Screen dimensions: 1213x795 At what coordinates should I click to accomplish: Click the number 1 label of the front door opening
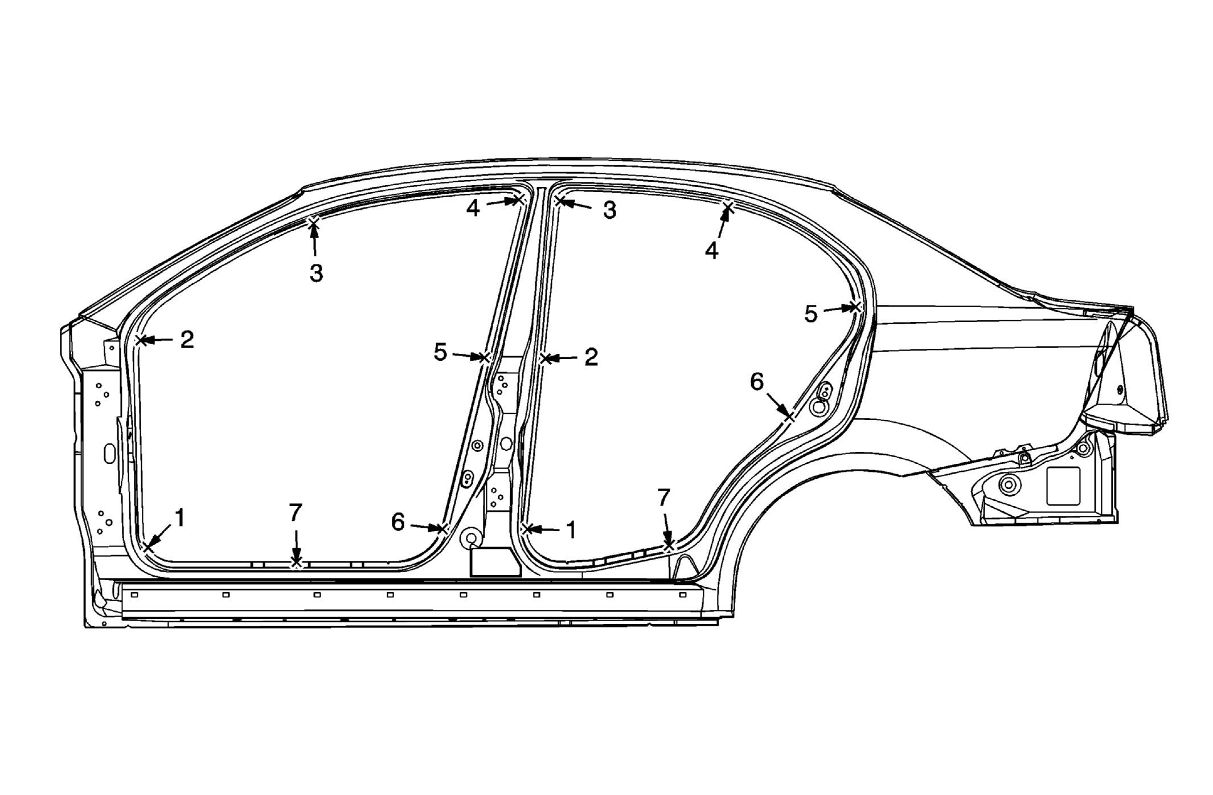coord(180,518)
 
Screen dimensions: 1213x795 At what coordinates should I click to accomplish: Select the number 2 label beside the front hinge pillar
coord(187,340)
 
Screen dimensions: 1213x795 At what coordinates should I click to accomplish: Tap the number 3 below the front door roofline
coord(317,273)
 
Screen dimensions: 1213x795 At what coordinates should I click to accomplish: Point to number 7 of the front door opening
coord(295,513)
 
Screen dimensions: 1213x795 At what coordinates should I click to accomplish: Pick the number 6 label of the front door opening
coord(398,522)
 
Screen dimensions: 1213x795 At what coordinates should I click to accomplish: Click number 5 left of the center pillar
coord(440,352)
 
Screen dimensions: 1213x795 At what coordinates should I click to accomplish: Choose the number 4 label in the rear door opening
coord(712,250)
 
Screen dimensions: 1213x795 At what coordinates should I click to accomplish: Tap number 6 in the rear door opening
coord(757,382)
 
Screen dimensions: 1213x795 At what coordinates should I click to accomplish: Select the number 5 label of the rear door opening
coord(811,314)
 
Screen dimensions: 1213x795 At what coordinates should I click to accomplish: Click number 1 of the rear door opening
coord(571,530)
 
